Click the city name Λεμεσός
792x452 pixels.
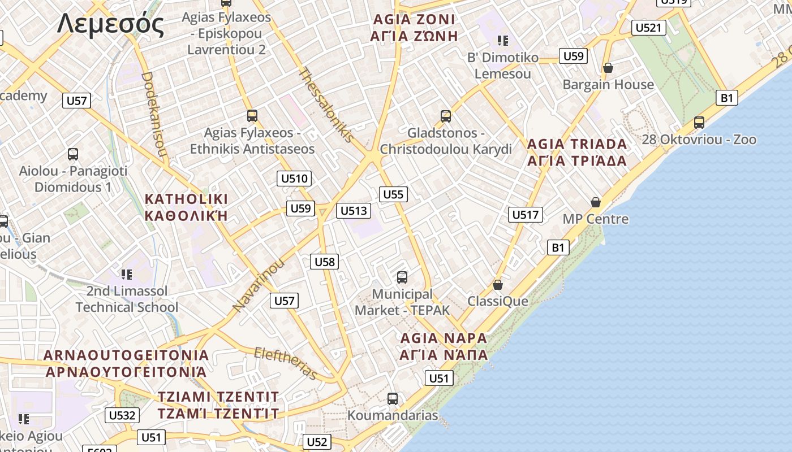[111, 24]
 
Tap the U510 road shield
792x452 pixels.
[295, 179]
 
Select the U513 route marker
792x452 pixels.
[354, 211]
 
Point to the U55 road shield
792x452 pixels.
[393, 194]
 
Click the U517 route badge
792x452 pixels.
[526, 215]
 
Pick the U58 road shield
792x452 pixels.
[325, 261]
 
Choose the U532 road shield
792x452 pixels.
[122, 415]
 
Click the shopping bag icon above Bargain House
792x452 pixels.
[608, 68]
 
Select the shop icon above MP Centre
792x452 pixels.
[595, 202]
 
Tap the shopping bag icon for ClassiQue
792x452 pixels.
[498, 285]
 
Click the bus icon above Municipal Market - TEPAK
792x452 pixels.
[402, 277]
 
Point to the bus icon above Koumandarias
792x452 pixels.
[393, 399]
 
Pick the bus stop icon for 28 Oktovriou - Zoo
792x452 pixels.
[699, 122]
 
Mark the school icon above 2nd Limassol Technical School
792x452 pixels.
[127, 275]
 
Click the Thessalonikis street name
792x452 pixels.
[326, 105]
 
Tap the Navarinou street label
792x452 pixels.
[259, 285]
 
